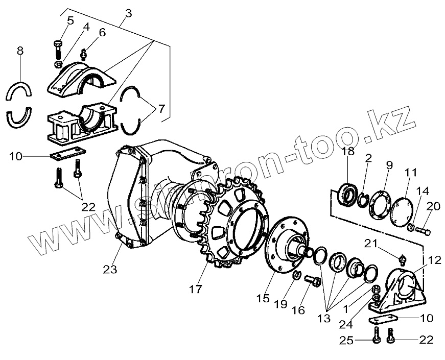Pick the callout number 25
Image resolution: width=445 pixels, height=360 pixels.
click(x=346, y=340)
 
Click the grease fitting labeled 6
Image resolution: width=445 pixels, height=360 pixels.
click(x=84, y=53)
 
